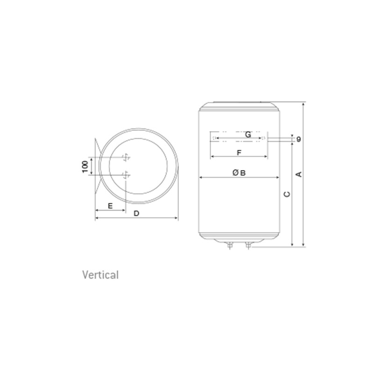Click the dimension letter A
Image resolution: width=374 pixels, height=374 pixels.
click(x=299, y=174)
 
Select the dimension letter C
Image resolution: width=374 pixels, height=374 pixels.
click(x=287, y=194)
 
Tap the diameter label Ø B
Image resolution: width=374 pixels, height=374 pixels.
click(x=239, y=173)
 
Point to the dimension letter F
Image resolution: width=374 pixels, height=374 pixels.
click(x=239, y=152)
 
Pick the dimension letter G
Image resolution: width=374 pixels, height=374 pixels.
click(x=248, y=135)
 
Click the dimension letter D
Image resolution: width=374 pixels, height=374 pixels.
click(x=137, y=213)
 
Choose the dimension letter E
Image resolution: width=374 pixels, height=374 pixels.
click(x=110, y=206)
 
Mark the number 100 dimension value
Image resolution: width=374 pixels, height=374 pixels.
click(x=85, y=166)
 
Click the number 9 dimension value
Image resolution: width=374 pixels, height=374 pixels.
click(x=299, y=139)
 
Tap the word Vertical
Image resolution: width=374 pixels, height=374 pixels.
click(x=101, y=275)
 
